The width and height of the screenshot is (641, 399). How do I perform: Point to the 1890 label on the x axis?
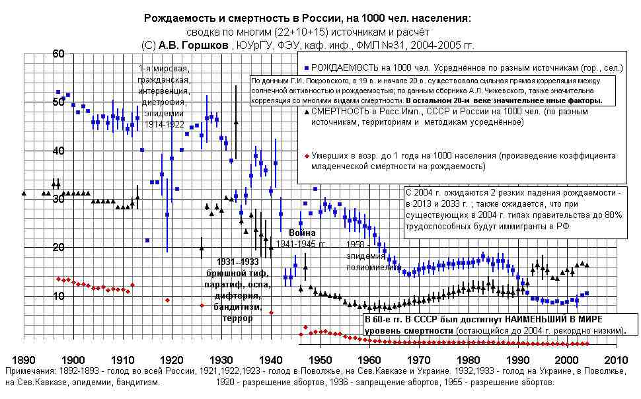click(x=24, y=360)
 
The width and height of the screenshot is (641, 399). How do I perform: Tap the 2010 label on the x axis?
click(x=616, y=360)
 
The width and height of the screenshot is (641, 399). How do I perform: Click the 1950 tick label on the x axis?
click(x=320, y=360)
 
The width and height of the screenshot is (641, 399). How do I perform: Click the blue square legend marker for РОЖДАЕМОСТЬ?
click(x=307, y=68)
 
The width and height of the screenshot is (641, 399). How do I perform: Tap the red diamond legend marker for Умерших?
click(x=306, y=156)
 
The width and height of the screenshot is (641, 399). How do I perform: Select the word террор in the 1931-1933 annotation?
click(x=238, y=318)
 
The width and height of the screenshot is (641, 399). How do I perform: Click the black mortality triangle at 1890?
click(x=24, y=193)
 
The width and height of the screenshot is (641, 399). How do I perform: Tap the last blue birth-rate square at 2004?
click(x=586, y=293)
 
